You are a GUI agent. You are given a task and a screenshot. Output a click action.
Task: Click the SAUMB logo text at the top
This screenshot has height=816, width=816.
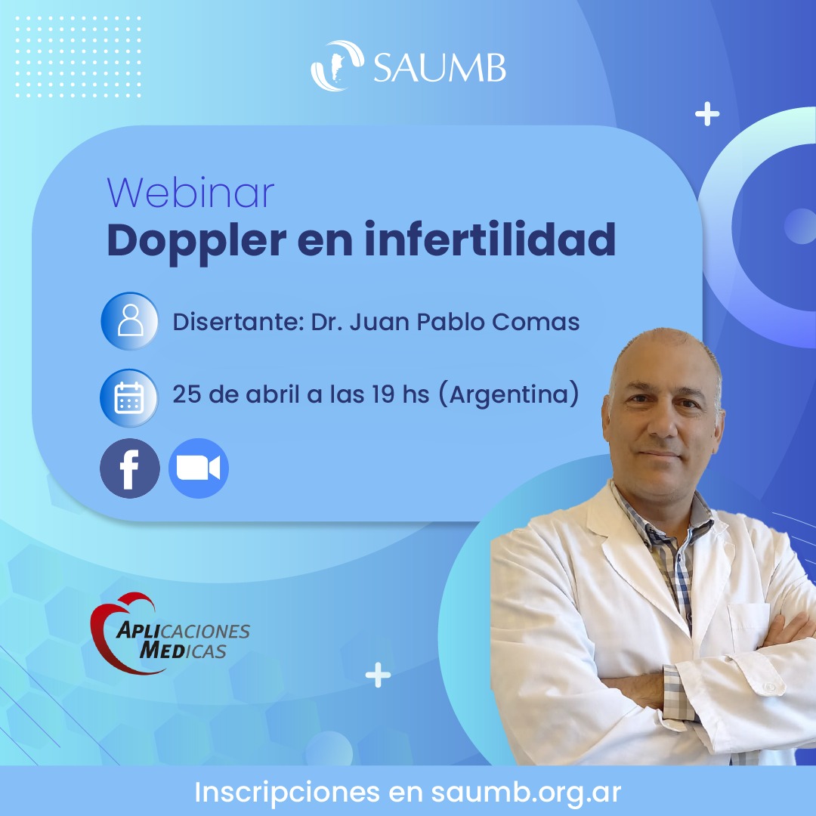439,67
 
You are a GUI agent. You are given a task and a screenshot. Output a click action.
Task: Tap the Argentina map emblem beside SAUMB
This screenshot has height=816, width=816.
337,66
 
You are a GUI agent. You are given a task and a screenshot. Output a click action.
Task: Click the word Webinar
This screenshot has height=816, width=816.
190,193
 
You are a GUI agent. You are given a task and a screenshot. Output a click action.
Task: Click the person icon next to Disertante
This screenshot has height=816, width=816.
130,320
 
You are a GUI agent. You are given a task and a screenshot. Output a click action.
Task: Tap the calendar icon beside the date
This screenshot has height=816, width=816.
129,397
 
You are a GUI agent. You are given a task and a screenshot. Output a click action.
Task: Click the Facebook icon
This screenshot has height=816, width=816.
130,468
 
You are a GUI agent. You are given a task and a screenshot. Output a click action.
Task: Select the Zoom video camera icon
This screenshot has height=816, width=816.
198,468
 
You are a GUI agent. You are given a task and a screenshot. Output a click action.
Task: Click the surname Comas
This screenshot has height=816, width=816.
536,322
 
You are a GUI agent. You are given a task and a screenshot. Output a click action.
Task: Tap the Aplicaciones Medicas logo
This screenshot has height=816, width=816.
170,633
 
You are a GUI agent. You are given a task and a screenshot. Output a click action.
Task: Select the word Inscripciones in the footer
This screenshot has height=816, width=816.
287,793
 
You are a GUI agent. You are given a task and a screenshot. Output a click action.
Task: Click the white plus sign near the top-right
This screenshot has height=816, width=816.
707,114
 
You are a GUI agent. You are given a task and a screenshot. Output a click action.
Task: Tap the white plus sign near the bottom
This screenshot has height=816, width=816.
378,675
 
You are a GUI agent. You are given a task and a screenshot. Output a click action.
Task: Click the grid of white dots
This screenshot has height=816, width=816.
78,57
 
